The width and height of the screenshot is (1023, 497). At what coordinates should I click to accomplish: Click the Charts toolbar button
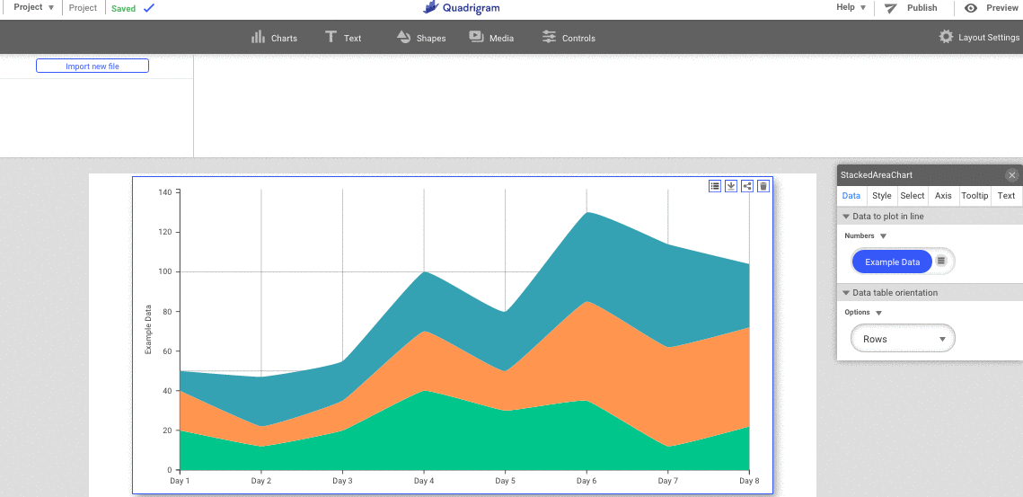[x=274, y=38]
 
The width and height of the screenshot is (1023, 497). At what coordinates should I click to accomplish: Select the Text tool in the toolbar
[x=343, y=38]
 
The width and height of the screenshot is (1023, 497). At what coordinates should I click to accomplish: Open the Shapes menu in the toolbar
[x=420, y=38]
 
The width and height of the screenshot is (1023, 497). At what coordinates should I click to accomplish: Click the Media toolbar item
[x=491, y=38]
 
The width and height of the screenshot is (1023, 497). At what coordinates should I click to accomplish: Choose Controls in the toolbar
[x=569, y=38]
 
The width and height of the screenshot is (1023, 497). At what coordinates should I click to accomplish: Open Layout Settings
[x=979, y=38]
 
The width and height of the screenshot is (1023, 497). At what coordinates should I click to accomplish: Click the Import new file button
[x=93, y=67]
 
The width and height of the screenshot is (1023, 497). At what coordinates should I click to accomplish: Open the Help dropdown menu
[x=851, y=8]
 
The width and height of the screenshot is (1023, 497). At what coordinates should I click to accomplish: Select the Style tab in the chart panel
[x=882, y=196]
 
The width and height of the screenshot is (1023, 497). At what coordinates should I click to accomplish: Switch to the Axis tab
[x=943, y=196]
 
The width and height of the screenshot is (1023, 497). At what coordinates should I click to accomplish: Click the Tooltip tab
[x=974, y=196]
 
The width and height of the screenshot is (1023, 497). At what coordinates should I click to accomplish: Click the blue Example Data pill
[x=892, y=262]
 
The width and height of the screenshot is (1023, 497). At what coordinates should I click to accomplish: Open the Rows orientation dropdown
[x=903, y=339]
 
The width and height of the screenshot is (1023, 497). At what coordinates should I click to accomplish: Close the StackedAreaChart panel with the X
[x=1012, y=175]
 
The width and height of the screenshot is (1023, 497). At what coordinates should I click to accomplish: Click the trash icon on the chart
[x=763, y=186]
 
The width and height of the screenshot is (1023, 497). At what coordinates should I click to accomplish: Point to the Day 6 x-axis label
[x=586, y=482]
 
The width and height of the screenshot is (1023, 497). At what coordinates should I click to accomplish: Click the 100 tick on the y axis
[x=165, y=271]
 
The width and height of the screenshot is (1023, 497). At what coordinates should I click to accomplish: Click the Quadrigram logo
[x=462, y=8]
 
